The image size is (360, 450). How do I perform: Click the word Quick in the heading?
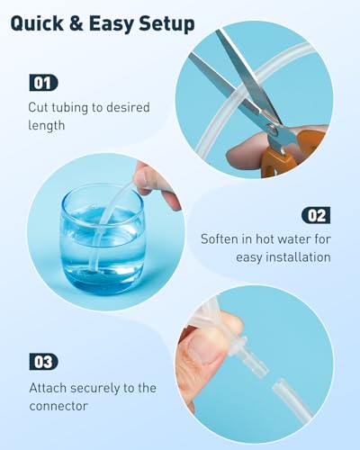point(37,23)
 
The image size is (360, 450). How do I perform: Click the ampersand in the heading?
point(76,23)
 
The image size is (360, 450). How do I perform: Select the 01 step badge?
point(43,83)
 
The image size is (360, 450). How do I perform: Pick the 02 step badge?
point(316,215)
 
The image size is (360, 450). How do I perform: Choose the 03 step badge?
point(43,362)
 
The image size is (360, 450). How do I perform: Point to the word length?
point(47,125)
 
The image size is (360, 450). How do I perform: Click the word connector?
point(58,406)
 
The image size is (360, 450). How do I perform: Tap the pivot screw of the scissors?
point(273,130)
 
